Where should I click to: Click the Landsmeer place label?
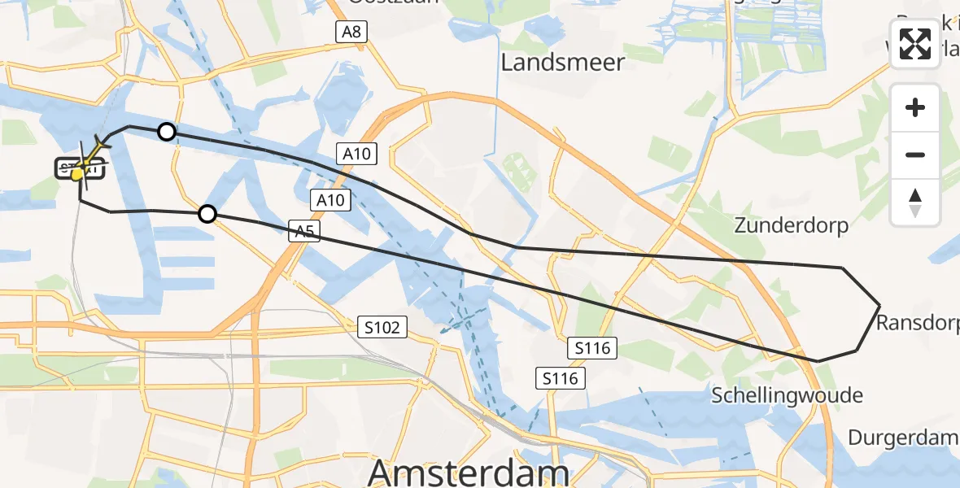tap(562, 63)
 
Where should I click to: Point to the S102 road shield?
tap(382, 328)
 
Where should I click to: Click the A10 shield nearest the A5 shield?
tap(330, 200)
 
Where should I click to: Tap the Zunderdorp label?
tap(791, 225)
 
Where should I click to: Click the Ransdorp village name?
tap(917, 324)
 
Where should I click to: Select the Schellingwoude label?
tap(787, 396)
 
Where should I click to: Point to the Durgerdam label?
tap(902, 438)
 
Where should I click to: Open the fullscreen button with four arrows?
tap(915, 44)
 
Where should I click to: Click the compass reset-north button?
tap(915, 203)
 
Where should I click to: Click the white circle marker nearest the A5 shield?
tap(207, 214)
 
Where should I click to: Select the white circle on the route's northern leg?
tap(166, 132)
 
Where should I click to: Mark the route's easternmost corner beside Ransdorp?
tap(879, 305)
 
